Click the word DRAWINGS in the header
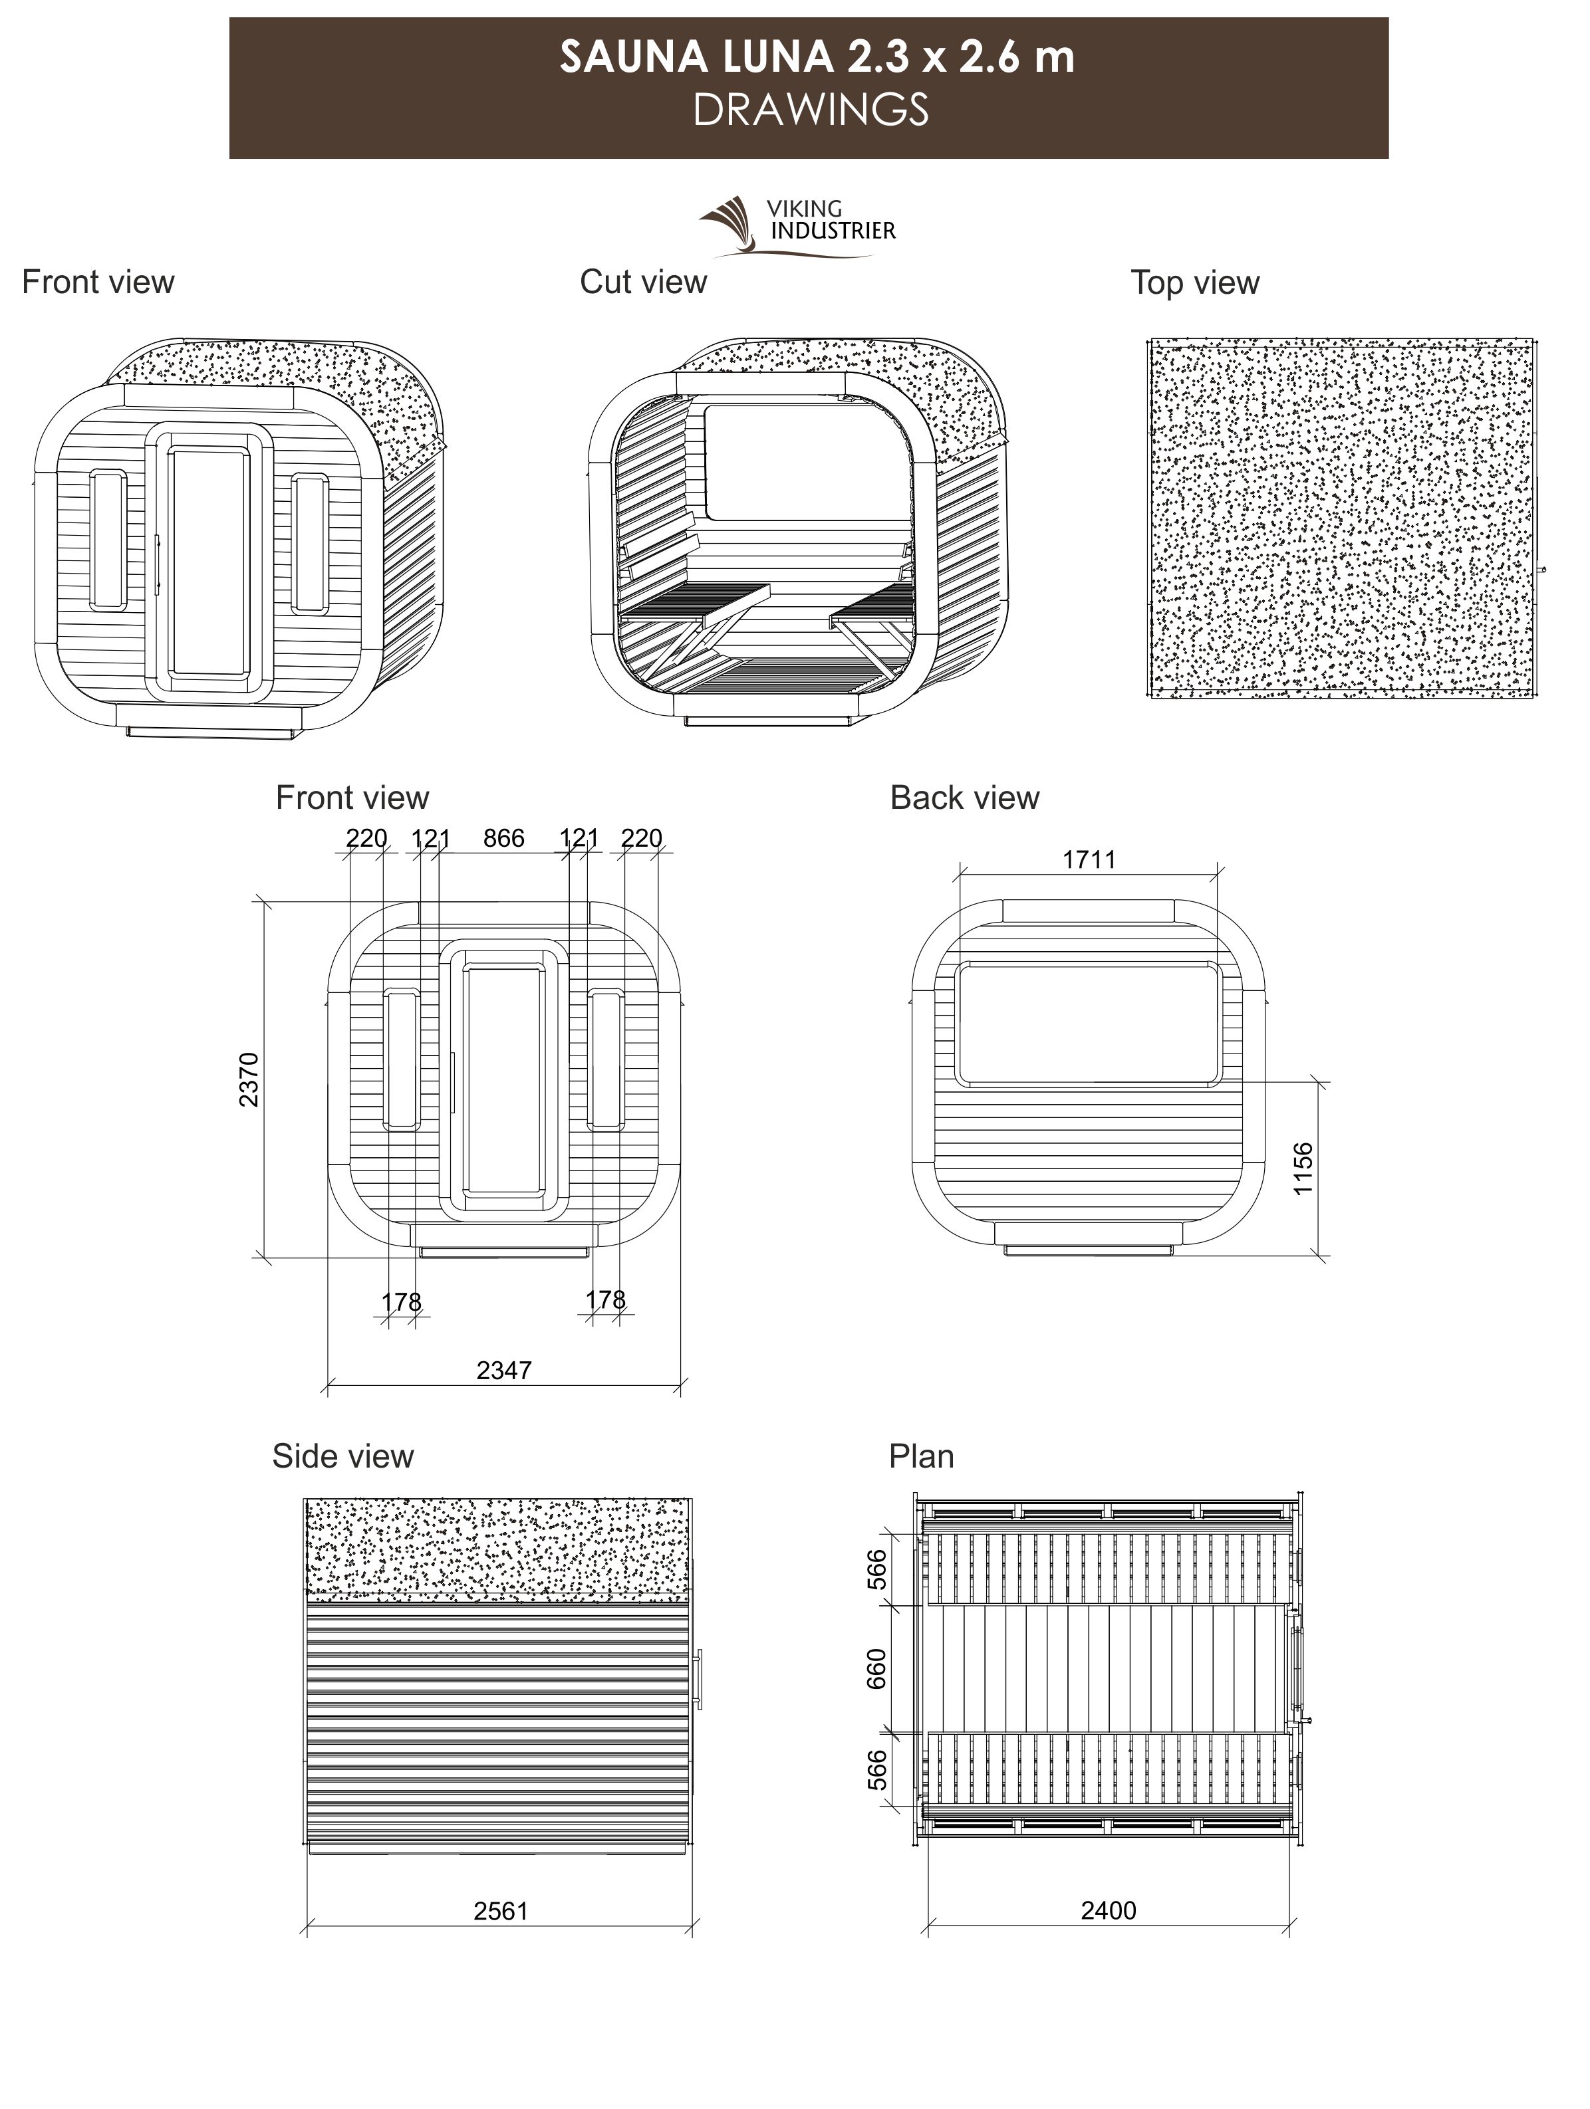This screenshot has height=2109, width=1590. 810,110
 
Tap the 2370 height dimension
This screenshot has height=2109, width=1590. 248,1079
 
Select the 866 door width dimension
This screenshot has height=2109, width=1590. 503,838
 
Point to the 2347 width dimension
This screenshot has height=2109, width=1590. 503,1370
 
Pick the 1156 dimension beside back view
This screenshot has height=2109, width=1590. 1303,1169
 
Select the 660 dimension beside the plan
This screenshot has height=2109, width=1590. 876,1668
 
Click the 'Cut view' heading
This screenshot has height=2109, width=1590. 643,282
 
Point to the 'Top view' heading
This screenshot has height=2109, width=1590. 1194,283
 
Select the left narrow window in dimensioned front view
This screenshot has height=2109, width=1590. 402,1058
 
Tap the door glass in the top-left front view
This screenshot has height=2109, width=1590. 208,562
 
